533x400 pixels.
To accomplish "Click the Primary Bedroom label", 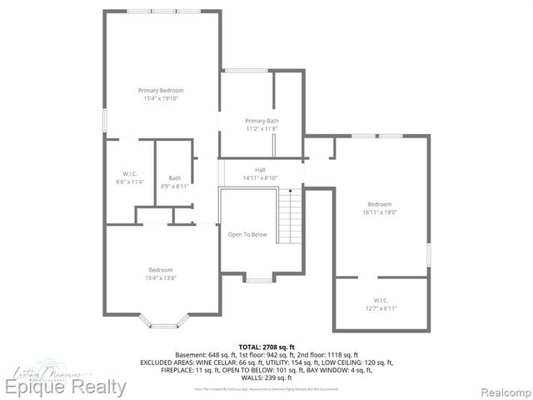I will pos(161,90).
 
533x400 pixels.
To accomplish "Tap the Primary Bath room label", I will pos(262,121).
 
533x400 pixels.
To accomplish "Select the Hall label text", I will pos(260,170).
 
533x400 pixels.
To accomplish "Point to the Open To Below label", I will pos(247,234).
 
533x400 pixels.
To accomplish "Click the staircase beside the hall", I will pos(288,215).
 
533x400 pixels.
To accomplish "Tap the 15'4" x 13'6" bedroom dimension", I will pos(161,277).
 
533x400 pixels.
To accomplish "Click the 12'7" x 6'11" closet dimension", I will pos(380,309).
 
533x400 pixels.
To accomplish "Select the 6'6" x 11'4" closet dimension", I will pos(129,182).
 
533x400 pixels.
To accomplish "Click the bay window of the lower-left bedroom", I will pos(161,320).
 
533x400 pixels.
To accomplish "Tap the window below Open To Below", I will pos(258,280).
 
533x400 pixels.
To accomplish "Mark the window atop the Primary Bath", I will pos(240,71).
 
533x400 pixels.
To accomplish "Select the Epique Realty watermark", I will pos(65,387).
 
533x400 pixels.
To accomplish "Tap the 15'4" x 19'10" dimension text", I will pos(161,98).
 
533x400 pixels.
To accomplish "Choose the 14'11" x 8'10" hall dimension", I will pos(260,178).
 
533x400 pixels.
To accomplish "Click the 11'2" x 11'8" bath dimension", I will pos(262,129).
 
